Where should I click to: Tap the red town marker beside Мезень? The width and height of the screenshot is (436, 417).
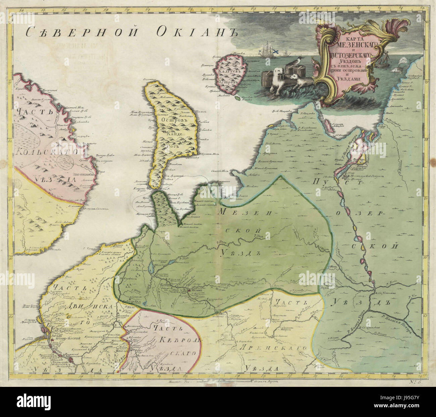(x=189, y=291)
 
